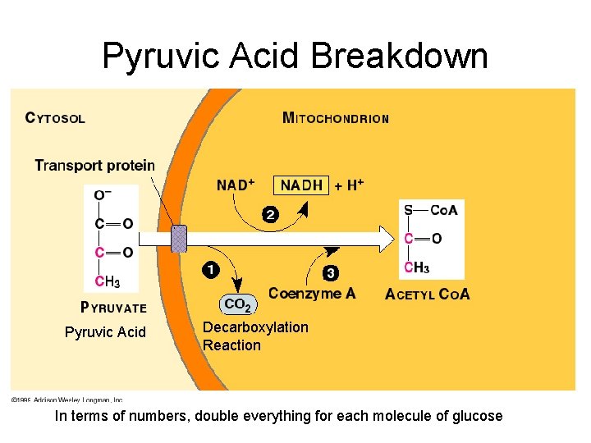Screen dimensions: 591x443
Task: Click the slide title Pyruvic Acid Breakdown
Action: click(295, 56)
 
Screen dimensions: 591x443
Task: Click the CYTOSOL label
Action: click(55, 117)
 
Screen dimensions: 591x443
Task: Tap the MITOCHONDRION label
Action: click(335, 117)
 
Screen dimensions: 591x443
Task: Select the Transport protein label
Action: click(94, 166)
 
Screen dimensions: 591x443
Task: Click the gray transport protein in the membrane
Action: click(179, 239)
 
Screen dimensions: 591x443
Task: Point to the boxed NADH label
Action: click(301, 185)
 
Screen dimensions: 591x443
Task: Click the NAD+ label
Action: click(236, 185)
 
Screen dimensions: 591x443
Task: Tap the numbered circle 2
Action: click(269, 214)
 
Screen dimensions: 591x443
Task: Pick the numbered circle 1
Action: click(210, 269)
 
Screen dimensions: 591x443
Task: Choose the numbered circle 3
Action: click(331, 272)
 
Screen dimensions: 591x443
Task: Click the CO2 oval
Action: click(237, 304)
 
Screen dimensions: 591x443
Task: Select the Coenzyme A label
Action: click(312, 294)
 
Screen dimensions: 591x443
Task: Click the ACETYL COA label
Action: click(427, 295)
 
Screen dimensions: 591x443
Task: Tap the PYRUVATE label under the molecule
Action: click(113, 308)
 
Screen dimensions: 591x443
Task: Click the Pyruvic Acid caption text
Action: click(105, 332)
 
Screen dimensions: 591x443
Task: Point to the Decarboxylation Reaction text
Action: click(255, 336)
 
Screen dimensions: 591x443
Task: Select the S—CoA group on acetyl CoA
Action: click(430, 210)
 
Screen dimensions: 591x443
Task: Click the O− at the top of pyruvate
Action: click(103, 194)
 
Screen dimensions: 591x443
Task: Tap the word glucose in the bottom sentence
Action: click(475, 416)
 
